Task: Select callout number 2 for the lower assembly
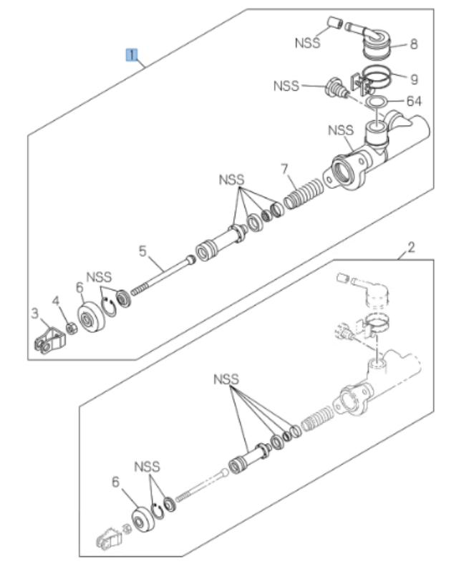[x=410, y=248]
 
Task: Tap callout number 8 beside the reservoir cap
[x=413, y=44]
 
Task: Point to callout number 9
[x=413, y=77]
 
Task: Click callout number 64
[x=413, y=101]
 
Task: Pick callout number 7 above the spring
[x=284, y=169]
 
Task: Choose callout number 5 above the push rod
[x=142, y=250]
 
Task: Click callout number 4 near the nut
[x=56, y=301]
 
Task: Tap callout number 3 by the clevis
[x=34, y=312]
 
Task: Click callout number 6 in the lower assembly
[x=116, y=482]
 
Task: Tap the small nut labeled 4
[x=71, y=328]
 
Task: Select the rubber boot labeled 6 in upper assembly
[x=92, y=317]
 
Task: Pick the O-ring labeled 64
[x=374, y=102]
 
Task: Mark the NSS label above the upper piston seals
[x=231, y=180]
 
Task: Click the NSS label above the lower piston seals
[x=226, y=378]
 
